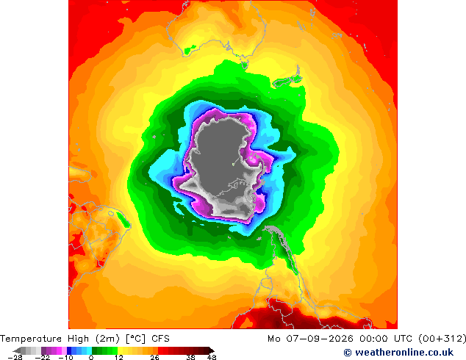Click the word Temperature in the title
click(31, 339)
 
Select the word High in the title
click(78, 339)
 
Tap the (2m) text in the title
click(108, 339)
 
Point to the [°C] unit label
click(136, 339)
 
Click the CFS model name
click(160, 339)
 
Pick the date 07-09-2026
click(320, 339)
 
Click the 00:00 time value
click(373, 339)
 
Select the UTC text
click(403, 339)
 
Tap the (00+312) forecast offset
click(442, 339)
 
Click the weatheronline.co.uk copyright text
click(398, 353)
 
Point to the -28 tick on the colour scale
click(15, 358)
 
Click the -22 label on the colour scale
click(43, 358)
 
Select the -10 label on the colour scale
click(65, 358)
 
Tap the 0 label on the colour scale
click(91, 358)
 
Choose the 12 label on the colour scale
click(119, 358)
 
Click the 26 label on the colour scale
click(154, 358)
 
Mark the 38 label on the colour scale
click(191, 358)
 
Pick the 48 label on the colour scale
click(212, 358)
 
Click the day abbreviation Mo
click(273, 339)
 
